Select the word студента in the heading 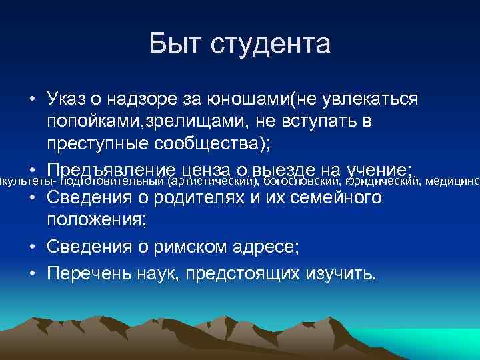click(271, 44)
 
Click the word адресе click(262, 247)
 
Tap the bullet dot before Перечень click(31, 273)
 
